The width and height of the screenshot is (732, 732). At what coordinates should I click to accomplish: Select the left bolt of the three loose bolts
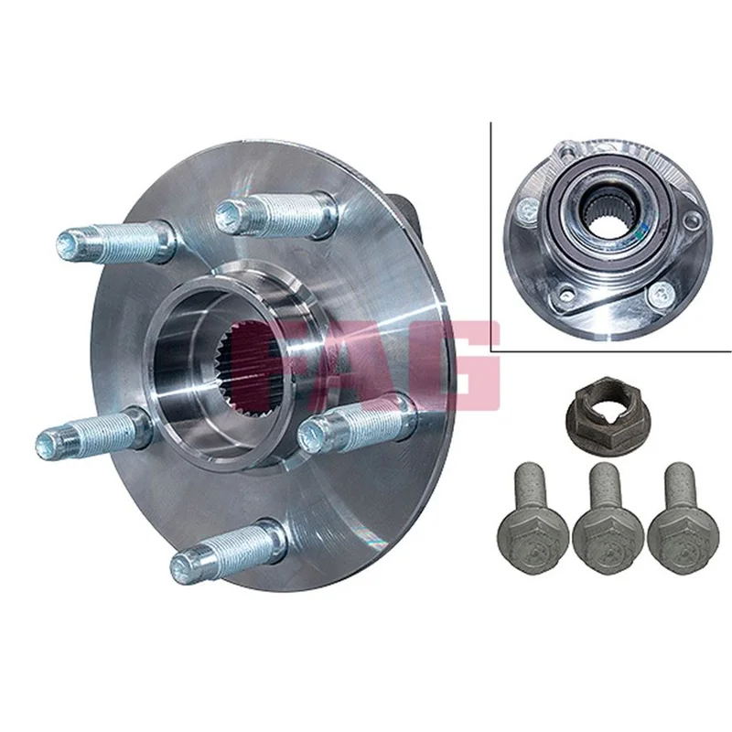coord(529,522)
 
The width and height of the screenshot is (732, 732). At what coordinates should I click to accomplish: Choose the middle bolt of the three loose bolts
coord(608,522)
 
